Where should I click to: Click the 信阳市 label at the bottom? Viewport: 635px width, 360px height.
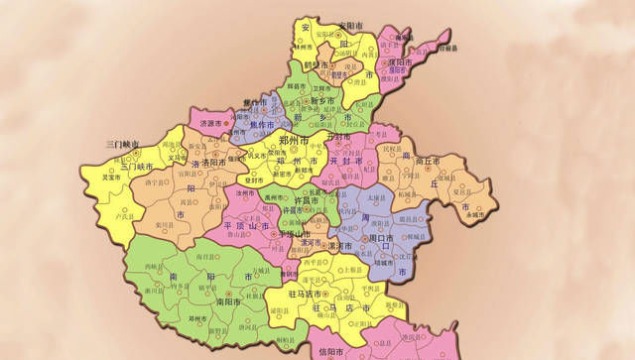coord(331,352)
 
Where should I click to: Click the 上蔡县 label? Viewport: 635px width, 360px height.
coord(347,270)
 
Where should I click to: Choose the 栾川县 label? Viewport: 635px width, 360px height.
coord(160,226)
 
